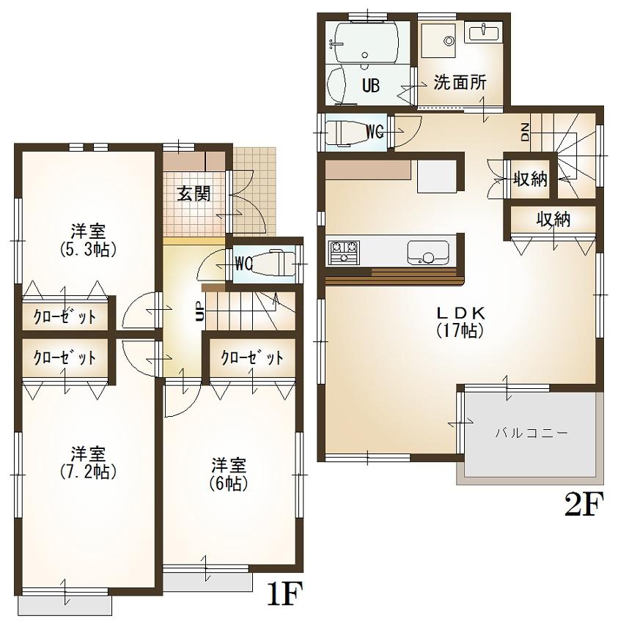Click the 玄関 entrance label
[x=194, y=193]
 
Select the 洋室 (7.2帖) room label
[x=87, y=461]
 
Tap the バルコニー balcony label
[x=531, y=432]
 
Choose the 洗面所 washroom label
[x=460, y=82]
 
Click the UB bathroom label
[x=370, y=86]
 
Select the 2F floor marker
[x=584, y=506]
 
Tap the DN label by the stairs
[x=526, y=133]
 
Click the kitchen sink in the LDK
[x=428, y=253]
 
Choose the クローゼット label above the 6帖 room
[x=253, y=358]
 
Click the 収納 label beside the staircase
[x=530, y=179]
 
